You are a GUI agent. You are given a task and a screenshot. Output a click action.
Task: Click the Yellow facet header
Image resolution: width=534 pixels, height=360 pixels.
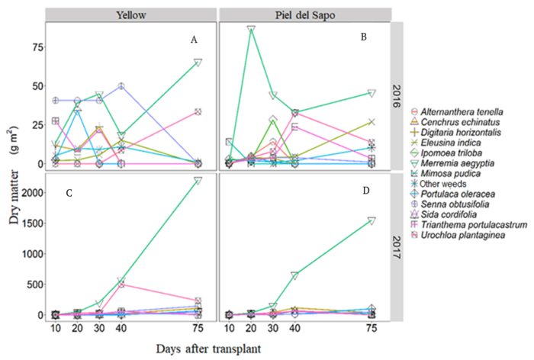point(131,14)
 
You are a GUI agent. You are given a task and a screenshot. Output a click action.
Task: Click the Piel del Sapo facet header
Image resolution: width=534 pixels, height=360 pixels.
point(305,14)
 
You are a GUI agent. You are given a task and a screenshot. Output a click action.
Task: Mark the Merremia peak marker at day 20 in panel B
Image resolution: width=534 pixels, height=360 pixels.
point(251,30)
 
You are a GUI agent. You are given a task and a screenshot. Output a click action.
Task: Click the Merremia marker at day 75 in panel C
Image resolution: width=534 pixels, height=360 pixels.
point(198,181)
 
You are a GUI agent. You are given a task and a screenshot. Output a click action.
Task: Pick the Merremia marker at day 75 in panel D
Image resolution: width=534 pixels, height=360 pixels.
point(372,220)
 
